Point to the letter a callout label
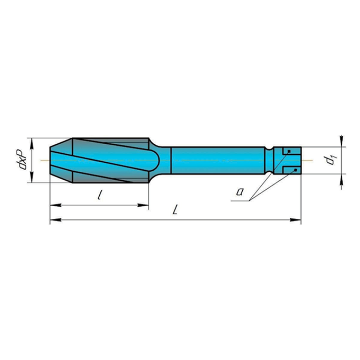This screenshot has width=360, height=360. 238,191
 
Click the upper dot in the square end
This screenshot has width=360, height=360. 289,151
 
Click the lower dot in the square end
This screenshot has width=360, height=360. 295,170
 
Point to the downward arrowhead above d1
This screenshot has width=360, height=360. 342,141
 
